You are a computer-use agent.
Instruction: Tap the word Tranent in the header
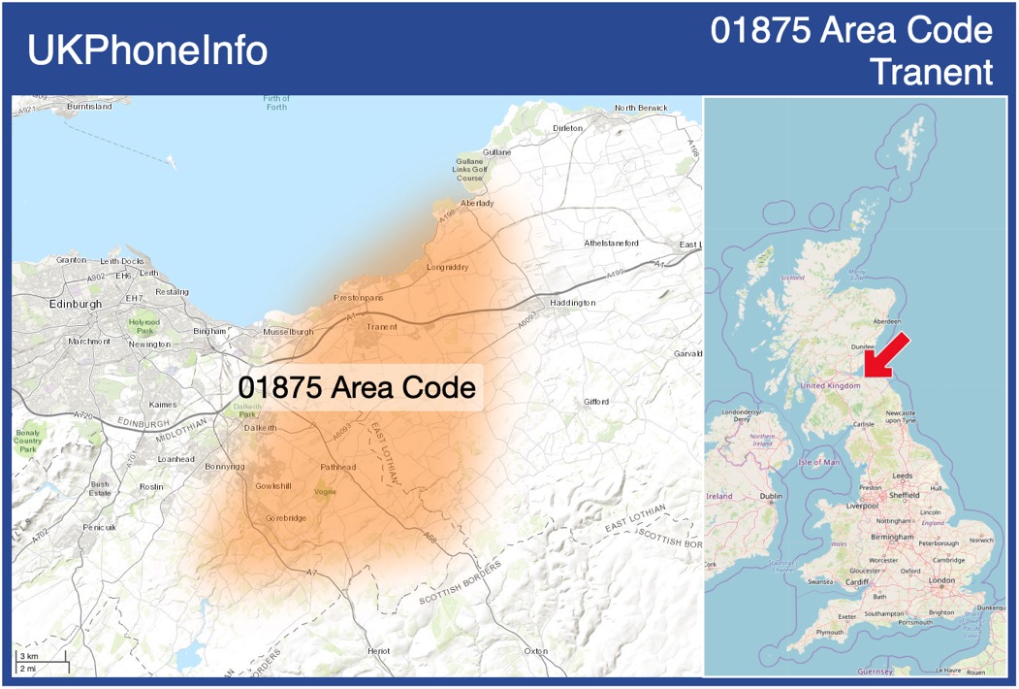(932, 72)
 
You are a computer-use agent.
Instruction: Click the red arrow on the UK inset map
(886, 354)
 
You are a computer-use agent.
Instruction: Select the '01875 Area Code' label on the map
(357, 387)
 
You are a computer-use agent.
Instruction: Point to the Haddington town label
(572, 303)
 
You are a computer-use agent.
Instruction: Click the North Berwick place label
(641, 107)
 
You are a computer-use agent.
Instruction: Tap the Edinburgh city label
(75, 304)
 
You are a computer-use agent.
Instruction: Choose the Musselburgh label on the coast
(288, 332)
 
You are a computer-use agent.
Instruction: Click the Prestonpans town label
(358, 297)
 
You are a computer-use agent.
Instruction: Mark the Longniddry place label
(448, 267)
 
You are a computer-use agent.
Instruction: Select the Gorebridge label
(286, 518)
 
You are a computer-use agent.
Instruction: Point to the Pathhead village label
(338, 467)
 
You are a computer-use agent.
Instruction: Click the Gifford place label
(596, 402)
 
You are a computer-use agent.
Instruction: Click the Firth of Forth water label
(276, 102)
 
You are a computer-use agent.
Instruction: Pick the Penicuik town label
(99, 527)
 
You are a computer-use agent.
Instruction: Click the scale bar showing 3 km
(41, 659)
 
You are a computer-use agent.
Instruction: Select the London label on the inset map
(941, 580)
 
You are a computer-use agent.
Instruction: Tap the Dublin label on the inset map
(771, 496)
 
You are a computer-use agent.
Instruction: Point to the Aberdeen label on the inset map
(887, 321)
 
